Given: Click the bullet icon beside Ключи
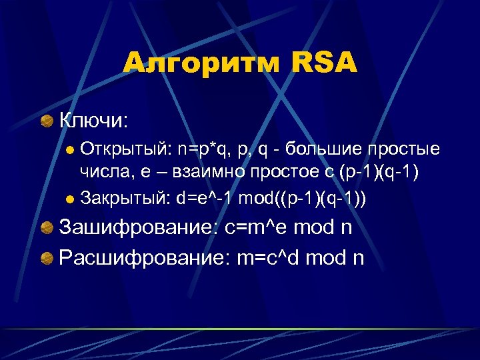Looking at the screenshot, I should (x=47, y=121).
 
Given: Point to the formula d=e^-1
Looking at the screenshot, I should (x=205, y=197).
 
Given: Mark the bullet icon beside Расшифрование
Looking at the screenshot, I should (x=47, y=257).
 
